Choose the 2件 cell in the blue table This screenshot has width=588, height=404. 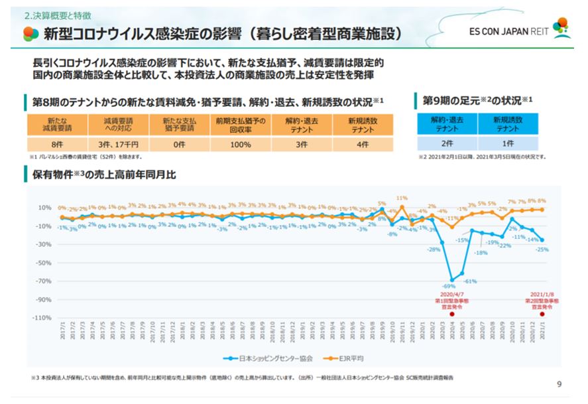coord(447,143)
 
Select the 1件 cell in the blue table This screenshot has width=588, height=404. coord(508,143)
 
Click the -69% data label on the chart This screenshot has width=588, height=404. coord(449,286)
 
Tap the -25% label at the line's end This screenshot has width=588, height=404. coord(542,249)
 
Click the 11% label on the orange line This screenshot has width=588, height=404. coord(402,198)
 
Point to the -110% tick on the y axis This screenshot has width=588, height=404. coord(41,318)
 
